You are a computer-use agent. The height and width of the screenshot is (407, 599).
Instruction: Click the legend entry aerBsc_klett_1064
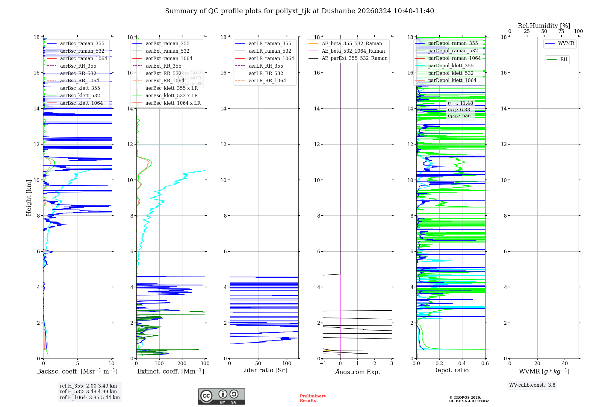(x=81, y=103)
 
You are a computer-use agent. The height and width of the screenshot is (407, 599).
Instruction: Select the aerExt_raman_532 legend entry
(x=167, y=51)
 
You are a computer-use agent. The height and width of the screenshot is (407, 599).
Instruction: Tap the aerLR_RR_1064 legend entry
(x=267, y=81)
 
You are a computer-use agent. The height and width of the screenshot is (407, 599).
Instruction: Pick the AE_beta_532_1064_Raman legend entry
(x=353, y=51)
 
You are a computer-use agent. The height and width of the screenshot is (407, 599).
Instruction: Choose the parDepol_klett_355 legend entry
(x=451, y=66)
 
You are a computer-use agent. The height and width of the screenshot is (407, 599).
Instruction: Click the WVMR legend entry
(x=566, y=43)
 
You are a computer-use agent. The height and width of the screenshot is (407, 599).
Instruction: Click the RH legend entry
(x=564, y=60)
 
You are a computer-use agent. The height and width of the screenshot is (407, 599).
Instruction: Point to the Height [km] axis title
(x=29, y=198)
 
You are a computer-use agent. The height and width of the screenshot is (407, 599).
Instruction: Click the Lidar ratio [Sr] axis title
(x=264, y=370)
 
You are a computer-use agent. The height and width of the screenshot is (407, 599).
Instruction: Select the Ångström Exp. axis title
(x=357, y=372)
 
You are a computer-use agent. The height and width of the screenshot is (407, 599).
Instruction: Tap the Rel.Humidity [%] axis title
(x=544, y=26)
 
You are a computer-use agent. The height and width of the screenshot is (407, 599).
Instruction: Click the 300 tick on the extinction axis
(x=205, y=364)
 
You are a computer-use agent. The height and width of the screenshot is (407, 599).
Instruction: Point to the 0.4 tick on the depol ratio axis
(x=462, y=364)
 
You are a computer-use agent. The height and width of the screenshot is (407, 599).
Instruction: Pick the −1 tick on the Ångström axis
(x=323, y=364)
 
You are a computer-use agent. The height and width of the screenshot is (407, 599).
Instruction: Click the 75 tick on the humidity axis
(x=561, y=31)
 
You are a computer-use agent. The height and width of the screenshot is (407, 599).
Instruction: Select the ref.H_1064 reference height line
(x=90, y=397)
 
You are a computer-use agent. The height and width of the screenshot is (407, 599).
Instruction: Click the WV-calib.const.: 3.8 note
(x=532, y=385)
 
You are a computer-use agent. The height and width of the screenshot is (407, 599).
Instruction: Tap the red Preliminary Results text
(x=313, y=398)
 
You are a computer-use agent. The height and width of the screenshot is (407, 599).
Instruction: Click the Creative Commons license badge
(x=221, y=396)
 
